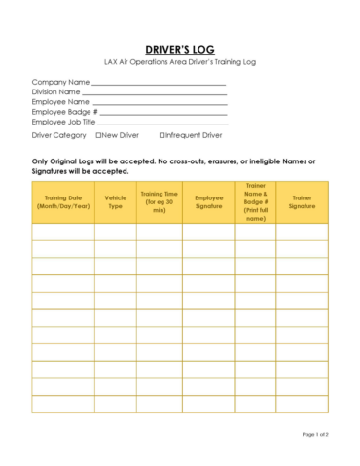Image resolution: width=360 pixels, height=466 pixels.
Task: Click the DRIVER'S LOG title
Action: coord(180,50)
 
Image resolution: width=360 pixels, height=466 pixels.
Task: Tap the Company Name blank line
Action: coord(159,84)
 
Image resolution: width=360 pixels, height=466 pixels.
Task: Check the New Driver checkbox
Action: coord(98,135)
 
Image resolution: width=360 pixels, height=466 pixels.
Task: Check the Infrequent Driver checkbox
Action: coord(162,135)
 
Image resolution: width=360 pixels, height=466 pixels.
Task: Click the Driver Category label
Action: coord(59,135)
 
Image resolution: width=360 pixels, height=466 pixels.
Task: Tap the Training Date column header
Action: coord(62,201)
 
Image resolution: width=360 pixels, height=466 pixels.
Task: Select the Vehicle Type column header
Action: coord(115,201)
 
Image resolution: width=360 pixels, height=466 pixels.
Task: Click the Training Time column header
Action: coord(159,201)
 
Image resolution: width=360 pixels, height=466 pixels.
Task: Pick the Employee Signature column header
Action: coord(208,201)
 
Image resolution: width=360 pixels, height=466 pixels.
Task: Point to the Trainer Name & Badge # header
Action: coord(255,201)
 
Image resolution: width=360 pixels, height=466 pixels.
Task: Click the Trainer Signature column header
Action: coord(302,201)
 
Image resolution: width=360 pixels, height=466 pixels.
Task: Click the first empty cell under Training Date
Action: coord(62,232)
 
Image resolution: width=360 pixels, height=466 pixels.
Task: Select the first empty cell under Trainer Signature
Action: coord(302,232)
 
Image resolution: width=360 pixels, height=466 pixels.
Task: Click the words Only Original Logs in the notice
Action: coord(66,161)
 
